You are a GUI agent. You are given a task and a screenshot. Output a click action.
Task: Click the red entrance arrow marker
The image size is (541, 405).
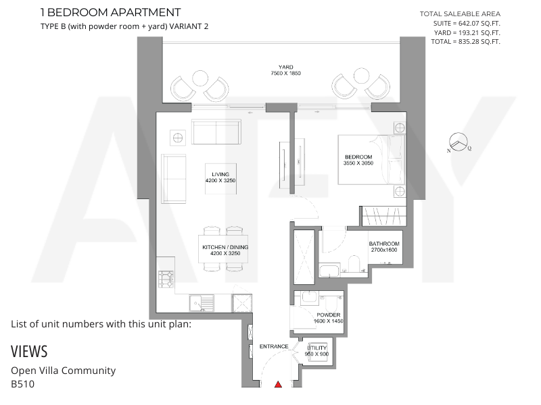(278, 384)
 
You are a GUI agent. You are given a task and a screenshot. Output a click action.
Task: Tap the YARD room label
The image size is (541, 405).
(285, 67)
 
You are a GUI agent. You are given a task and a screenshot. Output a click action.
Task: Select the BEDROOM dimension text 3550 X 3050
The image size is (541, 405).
(358, 163)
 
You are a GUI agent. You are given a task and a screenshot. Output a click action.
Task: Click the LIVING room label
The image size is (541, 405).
(220, 174)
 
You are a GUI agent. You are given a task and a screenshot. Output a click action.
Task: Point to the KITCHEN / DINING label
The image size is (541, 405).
(225, 247)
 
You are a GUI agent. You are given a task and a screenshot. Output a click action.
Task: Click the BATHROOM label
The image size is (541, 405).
(384, 244)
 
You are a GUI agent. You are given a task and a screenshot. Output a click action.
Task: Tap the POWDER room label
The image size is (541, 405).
(329, 315)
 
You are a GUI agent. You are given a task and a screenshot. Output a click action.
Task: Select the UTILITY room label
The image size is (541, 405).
(316, 348)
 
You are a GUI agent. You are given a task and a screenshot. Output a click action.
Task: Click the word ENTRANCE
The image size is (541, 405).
(274, 346)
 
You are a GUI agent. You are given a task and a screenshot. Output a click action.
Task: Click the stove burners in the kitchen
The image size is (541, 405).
(166, 279)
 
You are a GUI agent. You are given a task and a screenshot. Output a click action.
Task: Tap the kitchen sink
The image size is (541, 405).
(202, 303)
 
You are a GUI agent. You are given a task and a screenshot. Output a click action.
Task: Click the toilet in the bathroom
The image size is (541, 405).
(354, 263)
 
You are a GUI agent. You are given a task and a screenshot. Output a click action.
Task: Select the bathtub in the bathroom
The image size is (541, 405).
(330, 271)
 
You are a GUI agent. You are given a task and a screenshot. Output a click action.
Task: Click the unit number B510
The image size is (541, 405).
(23, 384)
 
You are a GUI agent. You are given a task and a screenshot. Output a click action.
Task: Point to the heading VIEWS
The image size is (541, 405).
(29, 352)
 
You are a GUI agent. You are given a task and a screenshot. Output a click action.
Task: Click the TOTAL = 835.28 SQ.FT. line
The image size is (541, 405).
(465, 42)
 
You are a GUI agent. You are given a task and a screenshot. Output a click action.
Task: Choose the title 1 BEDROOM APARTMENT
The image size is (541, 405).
(110, 12)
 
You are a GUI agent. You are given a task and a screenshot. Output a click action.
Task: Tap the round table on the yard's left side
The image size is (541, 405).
(199, 78)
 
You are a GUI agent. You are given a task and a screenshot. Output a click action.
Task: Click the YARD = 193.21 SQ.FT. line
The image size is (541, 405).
(467, 32)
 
